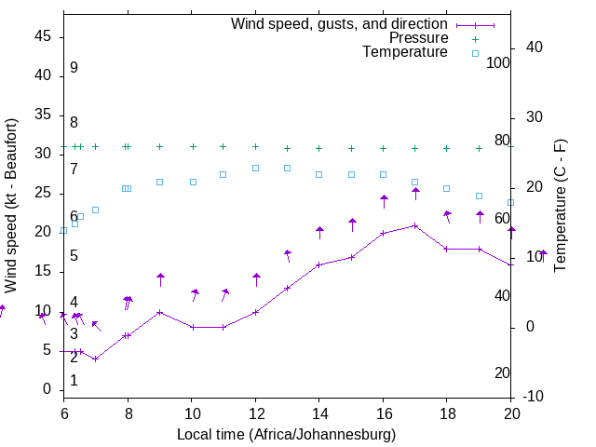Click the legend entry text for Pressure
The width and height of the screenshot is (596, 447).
pos(419,38)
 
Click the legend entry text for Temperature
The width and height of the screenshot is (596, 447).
pos(405,52)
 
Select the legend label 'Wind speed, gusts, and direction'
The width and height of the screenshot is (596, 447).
pos(340,23)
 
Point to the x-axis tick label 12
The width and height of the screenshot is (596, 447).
pos(255,414)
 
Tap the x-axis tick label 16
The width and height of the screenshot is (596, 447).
pos(383,414)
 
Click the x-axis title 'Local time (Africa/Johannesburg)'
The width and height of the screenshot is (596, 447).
pos(287,434)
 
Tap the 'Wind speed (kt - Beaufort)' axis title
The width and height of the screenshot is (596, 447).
pos(12,205)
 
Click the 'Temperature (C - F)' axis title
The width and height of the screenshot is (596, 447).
pos(560,205)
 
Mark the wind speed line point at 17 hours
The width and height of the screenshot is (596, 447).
pos(415,225)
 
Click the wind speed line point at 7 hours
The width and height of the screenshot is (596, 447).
pos(95,359)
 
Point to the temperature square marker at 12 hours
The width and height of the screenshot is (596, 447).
pos(255,168)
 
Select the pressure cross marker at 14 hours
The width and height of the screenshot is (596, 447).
pos(318,148)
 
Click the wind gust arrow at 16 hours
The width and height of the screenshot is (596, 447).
pos(384,201)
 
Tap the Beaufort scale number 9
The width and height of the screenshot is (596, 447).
pos(74,68)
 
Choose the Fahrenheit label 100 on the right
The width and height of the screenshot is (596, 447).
pos(498,62)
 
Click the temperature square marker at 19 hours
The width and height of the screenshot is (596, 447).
pos(479,196)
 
